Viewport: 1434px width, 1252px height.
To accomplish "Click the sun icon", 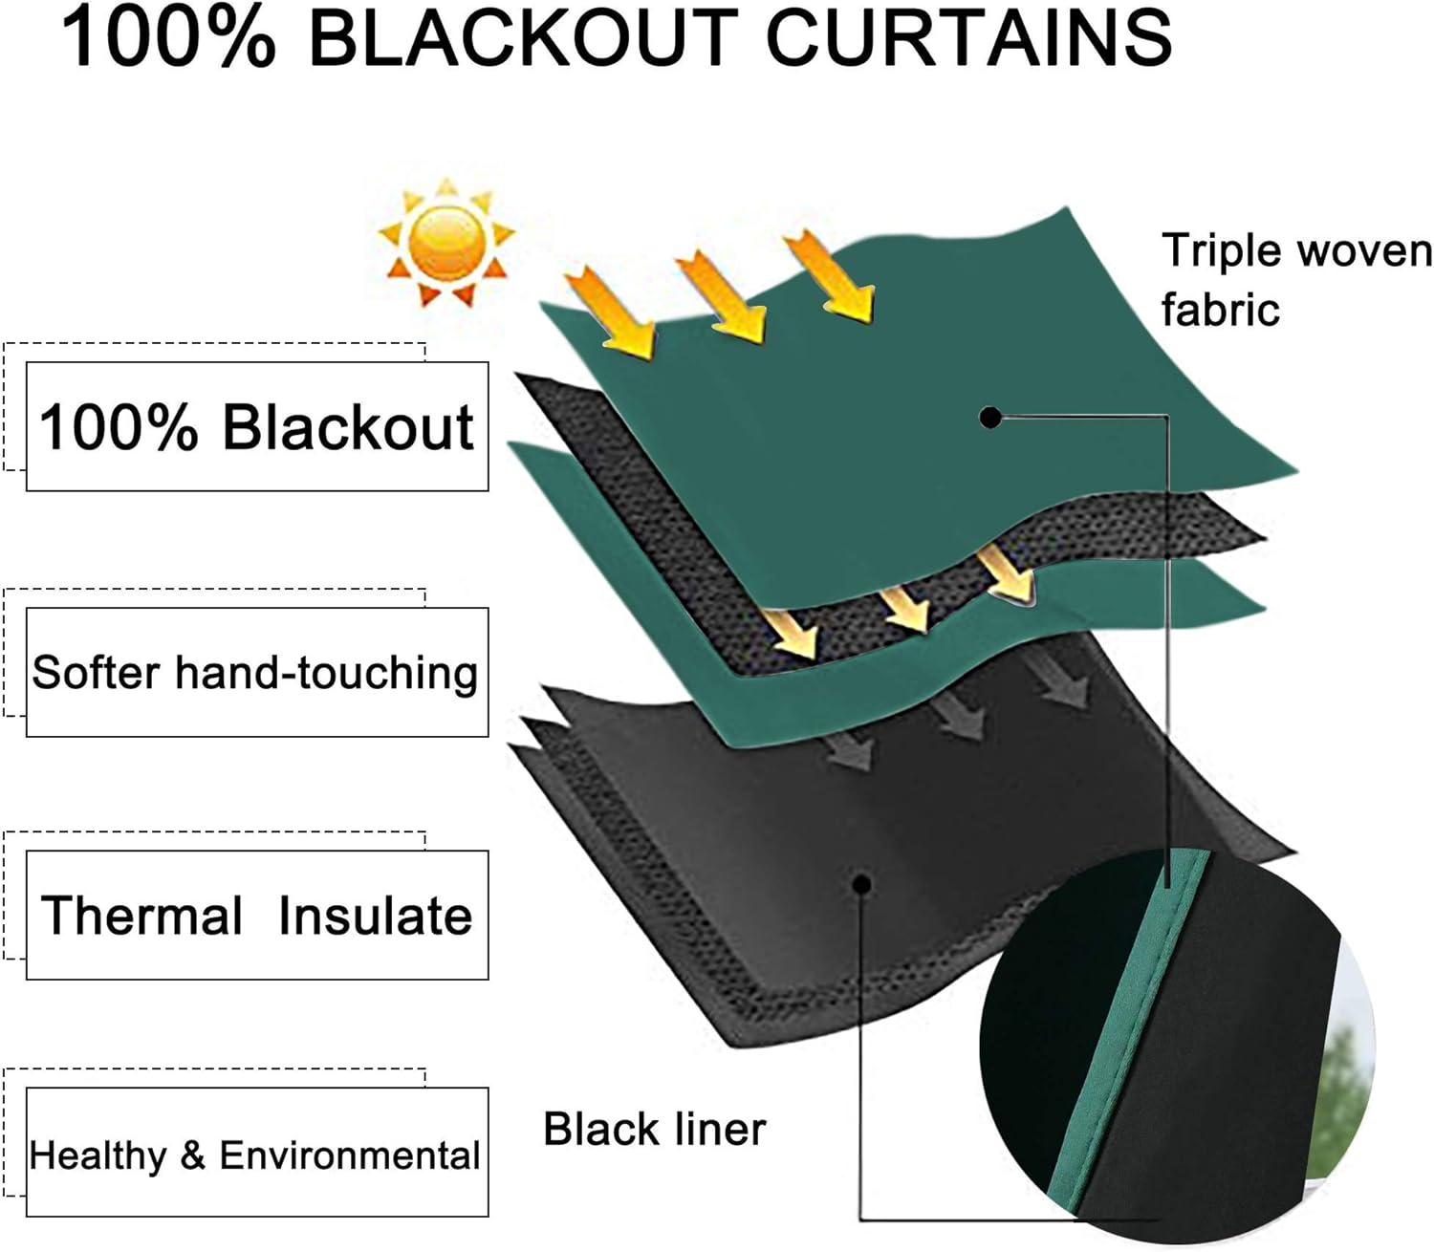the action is click(x=445, y=242).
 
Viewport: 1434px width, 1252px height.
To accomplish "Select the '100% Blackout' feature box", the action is click(x=256, y=426).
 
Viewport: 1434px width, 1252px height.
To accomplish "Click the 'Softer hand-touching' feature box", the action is click(x=256, y=672).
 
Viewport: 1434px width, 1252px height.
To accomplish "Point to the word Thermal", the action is click(x=141, y=916).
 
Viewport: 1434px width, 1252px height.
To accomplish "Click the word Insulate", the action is click(x=375, y=916).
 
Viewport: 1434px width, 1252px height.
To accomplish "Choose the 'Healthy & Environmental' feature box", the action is click(x=256, y=1155).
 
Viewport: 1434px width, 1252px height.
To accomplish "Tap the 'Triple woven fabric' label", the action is click(x=1295, y=279).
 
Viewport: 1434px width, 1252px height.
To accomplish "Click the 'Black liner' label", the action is click(x=654, y=1129).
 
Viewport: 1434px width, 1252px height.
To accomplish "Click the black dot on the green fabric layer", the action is click(x=990, y=418).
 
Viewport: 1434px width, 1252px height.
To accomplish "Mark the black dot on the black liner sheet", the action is click(x=861, y=883).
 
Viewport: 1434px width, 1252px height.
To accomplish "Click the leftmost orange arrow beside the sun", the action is click(x=610, y=312).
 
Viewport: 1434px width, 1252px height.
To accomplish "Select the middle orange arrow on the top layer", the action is click(x=722, y=296).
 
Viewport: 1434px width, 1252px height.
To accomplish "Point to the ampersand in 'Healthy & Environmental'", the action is click(x=192, y=1155).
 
